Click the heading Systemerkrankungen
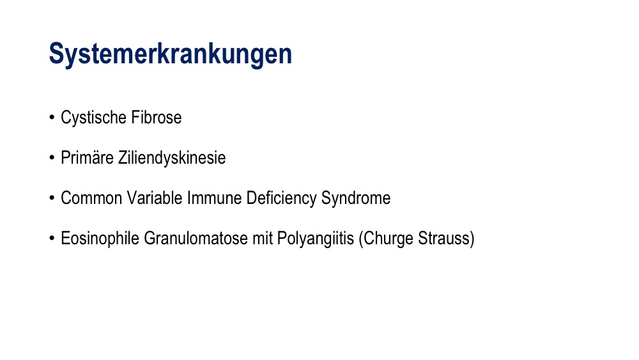click(x=171, y=54)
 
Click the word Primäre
click(x=87, y=158)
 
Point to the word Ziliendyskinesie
click(x=172, y=158)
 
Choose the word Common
click(x=91, y=198)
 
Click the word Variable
click(x=155, y=198)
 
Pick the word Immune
click(x=214, y=198)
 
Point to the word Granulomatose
click(x=196, y=239)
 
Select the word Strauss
click(x=444, y=239)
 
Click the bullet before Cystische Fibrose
click(x=52, y=118)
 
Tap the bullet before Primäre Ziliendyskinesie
click(x=52, y=158)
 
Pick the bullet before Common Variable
click(x=52, y=198)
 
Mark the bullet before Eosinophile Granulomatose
click(x=52, y=239)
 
